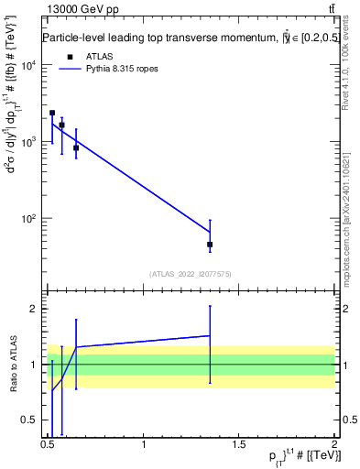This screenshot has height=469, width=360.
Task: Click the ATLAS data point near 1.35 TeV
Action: pos(210,245)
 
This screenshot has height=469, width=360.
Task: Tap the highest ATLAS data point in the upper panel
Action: pos(52,113)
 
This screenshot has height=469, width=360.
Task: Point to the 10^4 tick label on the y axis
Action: pos(27,66)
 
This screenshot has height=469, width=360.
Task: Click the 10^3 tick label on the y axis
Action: pos(27,142)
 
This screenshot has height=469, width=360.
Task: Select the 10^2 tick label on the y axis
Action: pos(27,219)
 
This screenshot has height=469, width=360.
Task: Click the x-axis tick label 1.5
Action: pos(239,446)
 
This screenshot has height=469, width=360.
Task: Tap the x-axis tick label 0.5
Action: pos(49,446)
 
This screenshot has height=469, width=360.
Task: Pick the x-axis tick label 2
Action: pos(334,446)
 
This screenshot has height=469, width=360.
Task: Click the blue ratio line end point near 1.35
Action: pos(210,335)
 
